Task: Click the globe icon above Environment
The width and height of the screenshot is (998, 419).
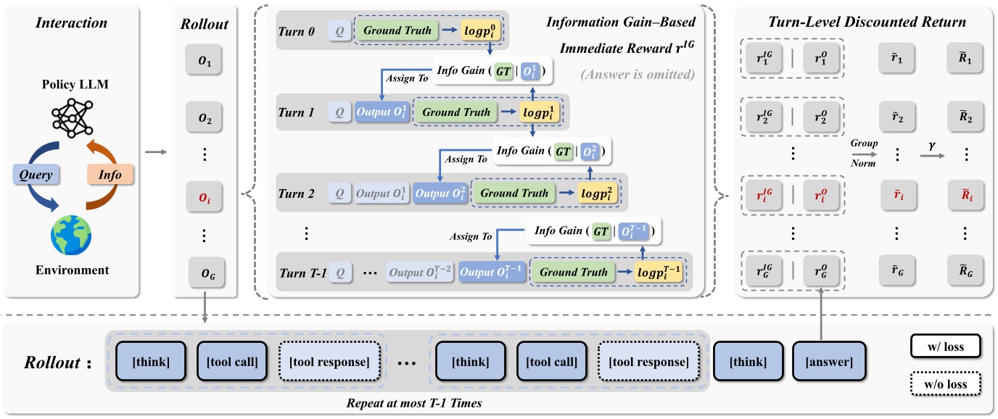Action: tap(70, 234)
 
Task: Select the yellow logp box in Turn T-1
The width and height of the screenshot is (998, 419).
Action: tap(658, 273)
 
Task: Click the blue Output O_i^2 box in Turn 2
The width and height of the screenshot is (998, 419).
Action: tap(440, 194)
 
